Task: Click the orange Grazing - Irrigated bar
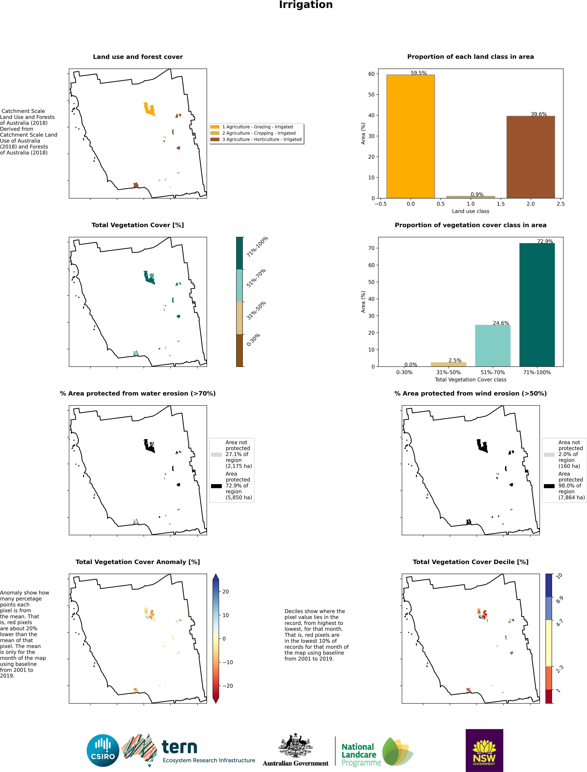click(411, 136)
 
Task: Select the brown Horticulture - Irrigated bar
click(530, 157)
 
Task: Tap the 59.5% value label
click(419, 73)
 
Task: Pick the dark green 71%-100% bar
click(537, 305)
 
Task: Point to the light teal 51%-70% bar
click(493, 346)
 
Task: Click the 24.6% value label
click(501, 323)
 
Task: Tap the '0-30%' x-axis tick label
click(404, 372)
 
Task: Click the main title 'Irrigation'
click(306, 5)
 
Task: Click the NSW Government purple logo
click(484, 750)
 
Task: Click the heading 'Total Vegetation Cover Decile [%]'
click(471, 562)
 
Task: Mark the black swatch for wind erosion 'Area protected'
click(549, 486)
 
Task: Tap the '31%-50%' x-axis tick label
click(449, 372)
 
